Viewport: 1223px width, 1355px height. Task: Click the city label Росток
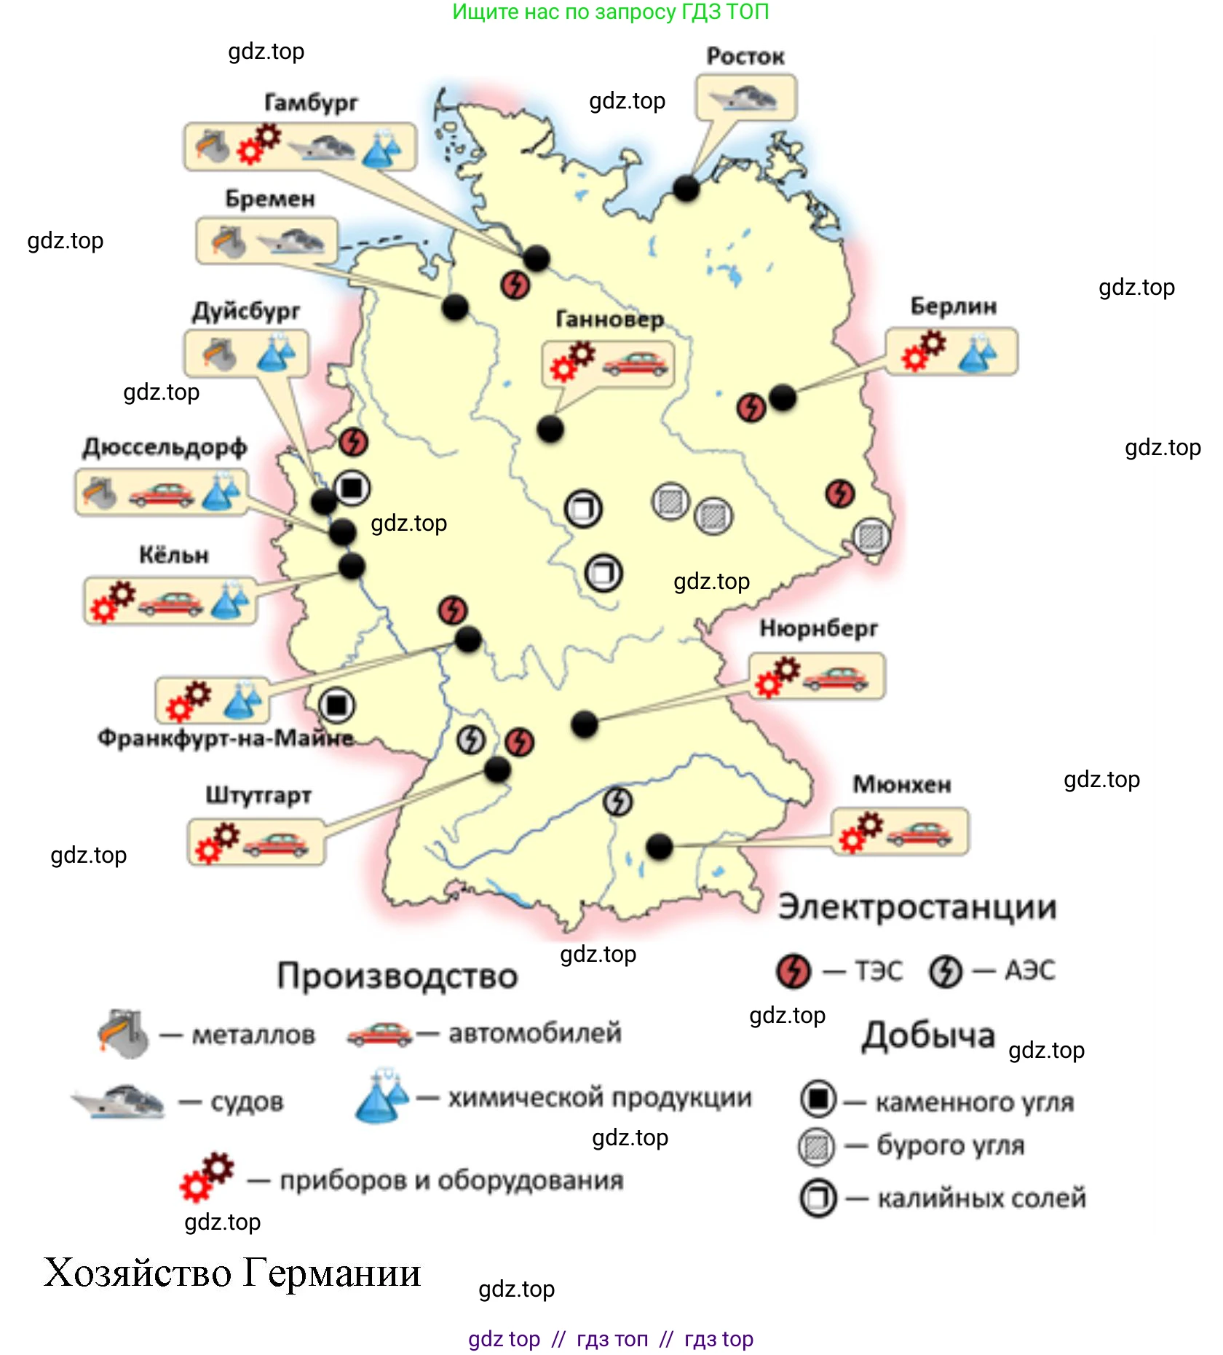[x=745, y=56]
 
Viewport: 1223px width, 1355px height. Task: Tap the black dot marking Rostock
[x=686, y=189]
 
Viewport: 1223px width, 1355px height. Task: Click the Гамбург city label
[x=311, y=103]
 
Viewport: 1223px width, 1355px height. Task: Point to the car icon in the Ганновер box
[x=636, y=364]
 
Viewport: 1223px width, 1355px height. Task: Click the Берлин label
[x=953, y=307]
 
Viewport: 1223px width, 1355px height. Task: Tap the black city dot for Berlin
[x=783, y=398]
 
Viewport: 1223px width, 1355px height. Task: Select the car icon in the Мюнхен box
[x=919, y=834]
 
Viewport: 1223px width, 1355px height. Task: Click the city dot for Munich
[x=660, y=846]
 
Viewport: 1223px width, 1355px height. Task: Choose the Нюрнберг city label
[x=818, y=628]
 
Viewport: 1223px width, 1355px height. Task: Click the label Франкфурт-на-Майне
[x=226, y=738]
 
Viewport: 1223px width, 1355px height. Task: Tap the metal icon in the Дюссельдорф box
[x=100, y=492]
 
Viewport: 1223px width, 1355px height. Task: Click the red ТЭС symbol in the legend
[x=793, y=971]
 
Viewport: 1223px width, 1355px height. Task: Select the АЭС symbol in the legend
[x=945, y=971]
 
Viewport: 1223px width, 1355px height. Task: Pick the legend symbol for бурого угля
[x=817, y=1147]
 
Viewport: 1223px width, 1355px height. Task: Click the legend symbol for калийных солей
[x=818, y=1198]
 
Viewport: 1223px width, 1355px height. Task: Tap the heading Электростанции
[x=917, y=907]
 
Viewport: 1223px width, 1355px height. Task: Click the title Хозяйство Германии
[x=232, y=1273]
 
